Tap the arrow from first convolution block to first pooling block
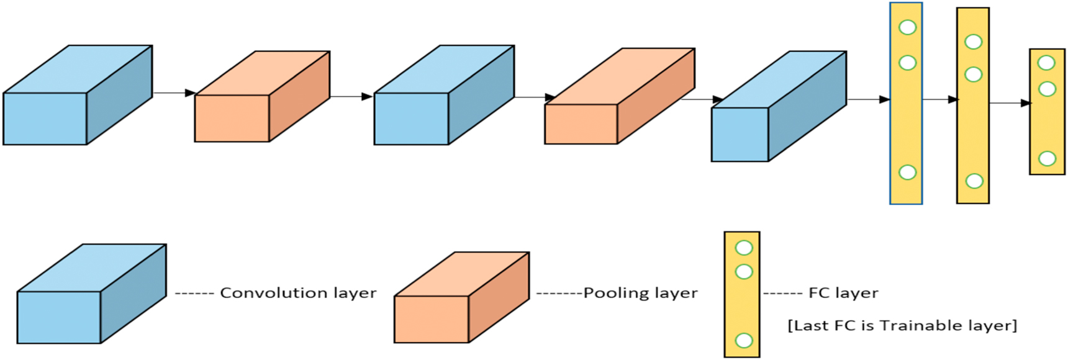pyautogui.click(x=174, y=93)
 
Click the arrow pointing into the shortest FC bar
pyautogui.click(x=1009, y=103)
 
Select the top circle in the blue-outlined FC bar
pyautogui.click(x=907, y=27)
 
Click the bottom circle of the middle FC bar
pyautogui.click(x=974, y=181)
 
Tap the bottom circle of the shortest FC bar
pyautogui.click(x=1047, y=158)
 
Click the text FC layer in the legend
pyautogui.click(x=843, y=293)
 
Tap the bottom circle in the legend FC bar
pyautogui.click(x=743, y=340)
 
